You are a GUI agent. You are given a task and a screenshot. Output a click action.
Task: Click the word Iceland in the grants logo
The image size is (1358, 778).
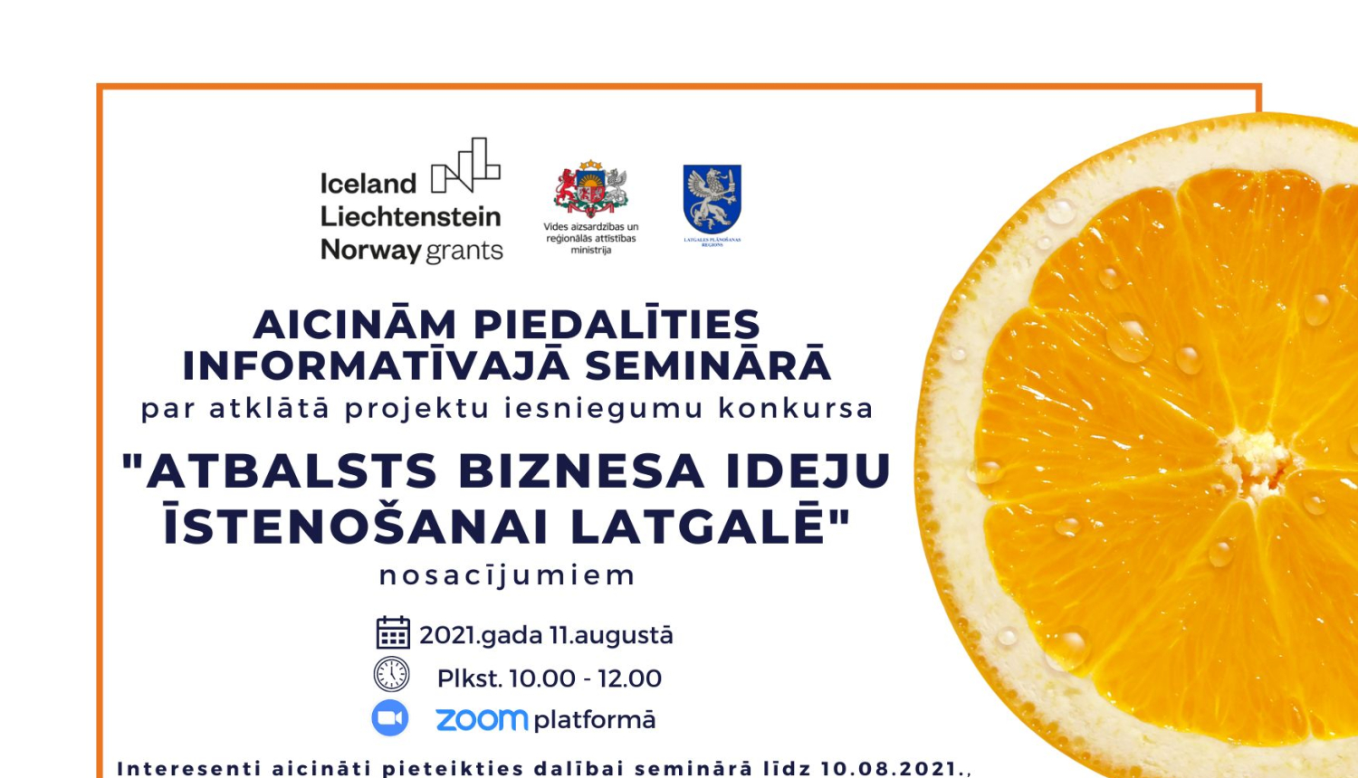pyautogui.click(x=368, y=184)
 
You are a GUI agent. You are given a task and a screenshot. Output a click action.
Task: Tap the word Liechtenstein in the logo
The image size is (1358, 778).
pyautogui.click(x=410, y=217)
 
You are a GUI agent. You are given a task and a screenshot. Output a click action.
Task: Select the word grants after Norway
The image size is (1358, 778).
pyautogui.click(x=464, y=251)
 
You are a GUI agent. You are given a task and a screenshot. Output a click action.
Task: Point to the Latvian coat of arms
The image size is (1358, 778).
pyautogui.click(x=591, y=189)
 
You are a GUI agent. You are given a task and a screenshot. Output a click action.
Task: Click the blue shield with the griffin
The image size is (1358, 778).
pyautogui.click(x=712, y=198)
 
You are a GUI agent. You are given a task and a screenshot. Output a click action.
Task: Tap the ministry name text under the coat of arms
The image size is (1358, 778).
pyautogui.click(x=591, y=239)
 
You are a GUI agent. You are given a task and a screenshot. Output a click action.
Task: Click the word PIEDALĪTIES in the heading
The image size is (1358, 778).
pyautogui.click(x=617, y=325)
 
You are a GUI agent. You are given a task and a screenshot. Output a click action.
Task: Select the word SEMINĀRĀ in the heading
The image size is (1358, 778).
pyautogui.click(x=707, y=365)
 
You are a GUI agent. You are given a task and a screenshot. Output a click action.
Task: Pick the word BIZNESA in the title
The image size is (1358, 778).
pyautogui.click(x=580, y=471)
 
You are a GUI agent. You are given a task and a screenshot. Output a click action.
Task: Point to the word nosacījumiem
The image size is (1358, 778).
pyautogui.click(x=507, y=575)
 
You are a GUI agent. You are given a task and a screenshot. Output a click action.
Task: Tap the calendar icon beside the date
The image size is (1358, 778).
pyautogui.click(x=393, y=633)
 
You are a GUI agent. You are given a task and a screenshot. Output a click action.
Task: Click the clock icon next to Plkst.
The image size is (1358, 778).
pyautogui.click(x=391, y=675)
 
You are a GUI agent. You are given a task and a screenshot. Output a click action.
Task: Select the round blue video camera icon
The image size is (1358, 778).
pyautogui.click(x=390, y=718)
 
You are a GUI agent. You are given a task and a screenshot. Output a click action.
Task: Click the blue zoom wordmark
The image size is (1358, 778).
pyautogui.click(x=481, y=720)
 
